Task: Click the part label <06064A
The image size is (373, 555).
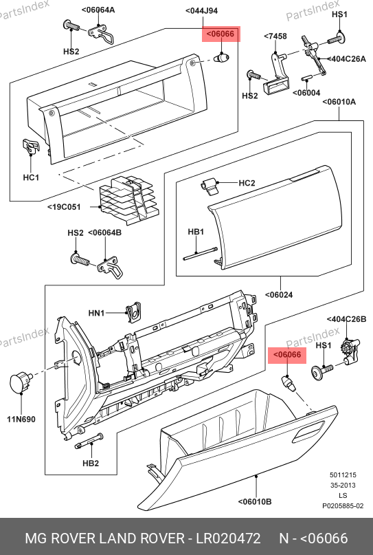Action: click(x=98, y=10)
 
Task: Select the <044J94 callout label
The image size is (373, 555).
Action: click(x=201, y=11)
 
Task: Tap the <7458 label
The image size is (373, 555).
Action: click(x=275, y=36)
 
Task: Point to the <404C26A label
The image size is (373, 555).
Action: click(x=346, y=58)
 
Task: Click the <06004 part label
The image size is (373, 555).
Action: click(x=306, y=93)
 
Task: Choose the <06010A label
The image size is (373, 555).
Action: click(x=339, y=102)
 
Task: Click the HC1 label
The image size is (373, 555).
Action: click(x=31, y=177)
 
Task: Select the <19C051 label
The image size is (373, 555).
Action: click(x=64, y=207)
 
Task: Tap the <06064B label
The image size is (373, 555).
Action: click(x=104, y=232)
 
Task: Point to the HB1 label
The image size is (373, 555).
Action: click(x=196, y=232)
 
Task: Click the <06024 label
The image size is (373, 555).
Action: click(x=279, y=294)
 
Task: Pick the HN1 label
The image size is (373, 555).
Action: click(x=97, y=313)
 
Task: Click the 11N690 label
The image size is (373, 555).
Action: click(x=21, y=420)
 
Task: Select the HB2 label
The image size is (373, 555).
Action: click(x=91, y=463)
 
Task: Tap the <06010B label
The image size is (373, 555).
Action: click(x=255, y=501)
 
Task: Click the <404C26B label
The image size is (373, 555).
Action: click(x=346, y=319)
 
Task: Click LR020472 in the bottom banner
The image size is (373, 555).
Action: click(x=228, y=538)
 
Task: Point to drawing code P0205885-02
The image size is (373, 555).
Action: click(x=343, y=505)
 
